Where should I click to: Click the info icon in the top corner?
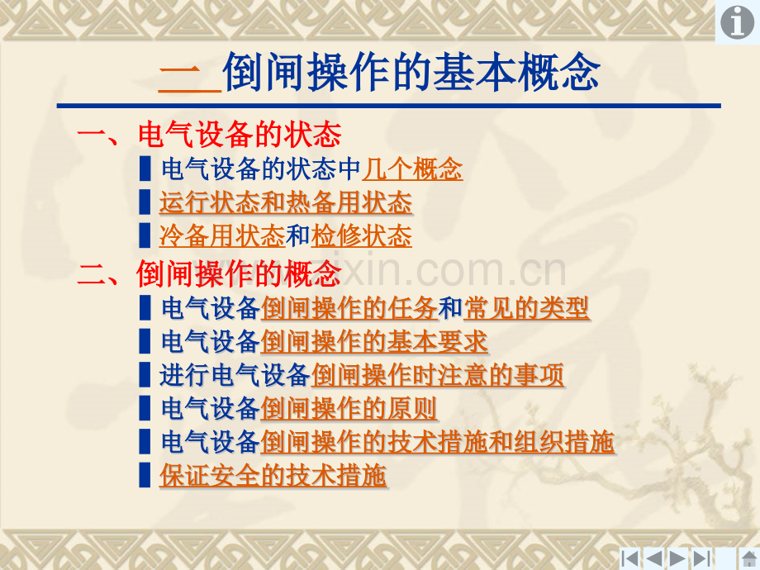tap(737, 22)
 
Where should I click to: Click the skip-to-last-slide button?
tap(702, 558)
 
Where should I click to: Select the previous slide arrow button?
tap(654, 558)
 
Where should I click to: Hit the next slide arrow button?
tap(678, 558)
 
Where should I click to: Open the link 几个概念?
tap(412, 169)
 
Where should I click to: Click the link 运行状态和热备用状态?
tap(285, 202)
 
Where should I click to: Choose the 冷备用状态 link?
tap(222, 236)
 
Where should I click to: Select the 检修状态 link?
tap(362, 236)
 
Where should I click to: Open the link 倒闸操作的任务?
tap(349, 308)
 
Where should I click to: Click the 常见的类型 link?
tap(526, 308)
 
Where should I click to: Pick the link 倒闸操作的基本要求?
tap(373, 341)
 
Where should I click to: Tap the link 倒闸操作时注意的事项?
tap(437, 375)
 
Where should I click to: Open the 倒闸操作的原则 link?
tap(349, 408)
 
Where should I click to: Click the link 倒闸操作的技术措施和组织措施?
tap(437, 442)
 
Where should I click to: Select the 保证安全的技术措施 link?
tap(273, 475)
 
